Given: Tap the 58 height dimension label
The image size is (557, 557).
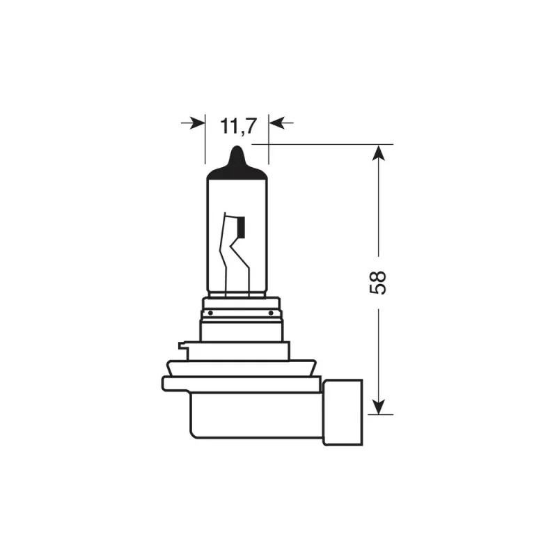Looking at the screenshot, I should click(x=378, y=278).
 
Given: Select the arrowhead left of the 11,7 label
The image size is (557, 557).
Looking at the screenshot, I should click(x=198, y=123).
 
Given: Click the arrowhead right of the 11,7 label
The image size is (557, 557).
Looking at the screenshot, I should click(x=277, y=123).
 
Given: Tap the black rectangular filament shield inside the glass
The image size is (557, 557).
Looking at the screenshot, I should click(x=242, y=226).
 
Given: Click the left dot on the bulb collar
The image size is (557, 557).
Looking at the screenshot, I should click(x=210, y=313).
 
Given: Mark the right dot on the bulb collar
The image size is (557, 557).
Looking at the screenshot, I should click(x=269, y=313).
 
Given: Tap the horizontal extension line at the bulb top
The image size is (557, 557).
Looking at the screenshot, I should click(x=327, y=144).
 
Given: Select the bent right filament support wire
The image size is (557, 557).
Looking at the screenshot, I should click(x=244, y=265).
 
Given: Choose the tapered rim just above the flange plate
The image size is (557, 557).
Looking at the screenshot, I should click(x=240, y=366).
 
